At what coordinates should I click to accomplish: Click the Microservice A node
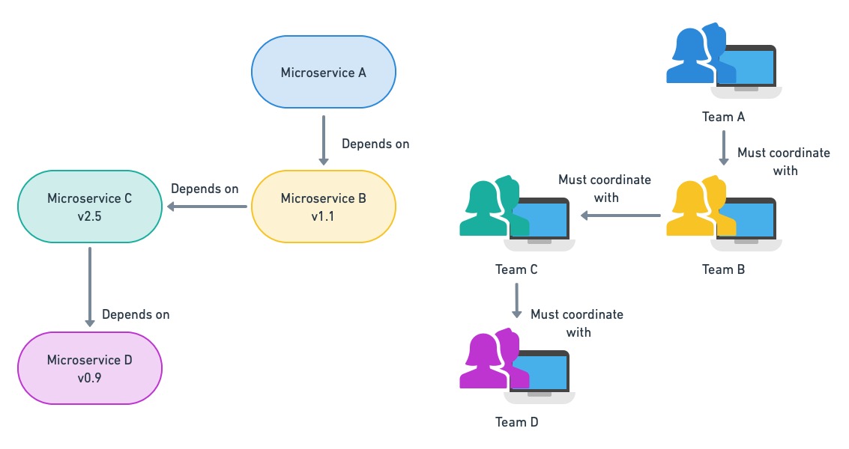(x=323, y=73)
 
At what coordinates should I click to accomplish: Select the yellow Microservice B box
(x=323, y=207)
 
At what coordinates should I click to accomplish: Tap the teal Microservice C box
(x=90, y=207)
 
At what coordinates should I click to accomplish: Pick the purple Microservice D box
(x=90, y=368)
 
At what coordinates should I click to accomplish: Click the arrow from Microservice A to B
(x=323, y=140)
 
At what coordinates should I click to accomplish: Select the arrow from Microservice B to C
(x=207, y=207)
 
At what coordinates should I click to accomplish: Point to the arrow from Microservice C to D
(x=90, y=287)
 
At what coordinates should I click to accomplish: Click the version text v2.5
(x=89, y=216)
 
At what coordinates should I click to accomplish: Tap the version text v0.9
(x=89, y=378)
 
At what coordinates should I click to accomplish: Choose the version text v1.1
(x=323, y=216)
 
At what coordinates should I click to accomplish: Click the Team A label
(x=723, y=117)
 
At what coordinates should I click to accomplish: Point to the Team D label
(x=516, y=422)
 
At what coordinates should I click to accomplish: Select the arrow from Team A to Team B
(x=724, y=148)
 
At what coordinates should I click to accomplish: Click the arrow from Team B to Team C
(x=620, y=216)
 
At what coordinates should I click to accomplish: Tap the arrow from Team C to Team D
(x=517, y=300)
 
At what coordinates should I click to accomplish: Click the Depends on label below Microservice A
(x=375, y=144)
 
